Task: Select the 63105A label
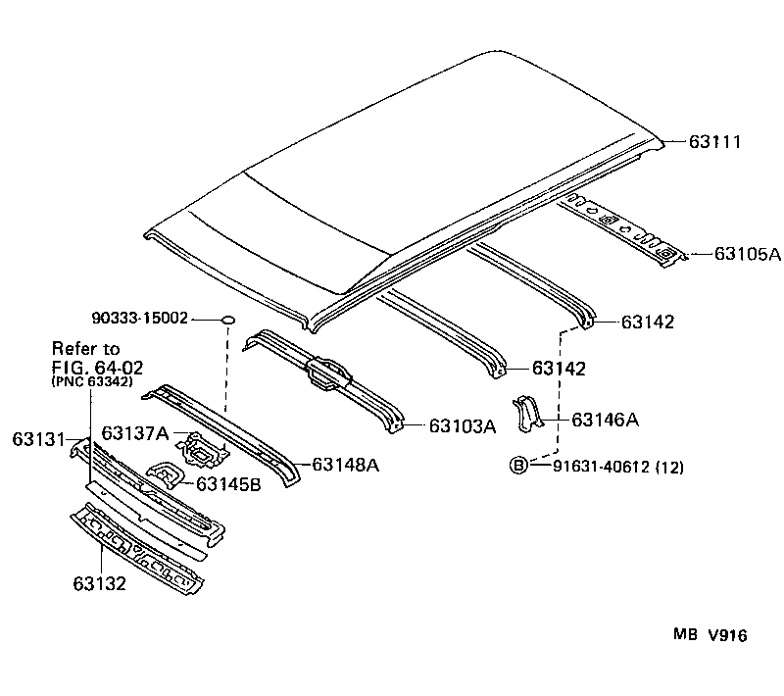point(747,255)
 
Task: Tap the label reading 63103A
point(462,426)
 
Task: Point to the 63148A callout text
point(345,465)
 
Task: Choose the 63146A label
point(605,420)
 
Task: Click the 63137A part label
point(134,433)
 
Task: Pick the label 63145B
point(227,483)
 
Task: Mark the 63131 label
point(38,438)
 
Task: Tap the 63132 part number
point(99,584)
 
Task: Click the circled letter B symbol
point(518,466)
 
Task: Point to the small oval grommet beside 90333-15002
point(227,320)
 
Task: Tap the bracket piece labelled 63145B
point(165,475)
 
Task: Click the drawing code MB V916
point(709,635)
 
